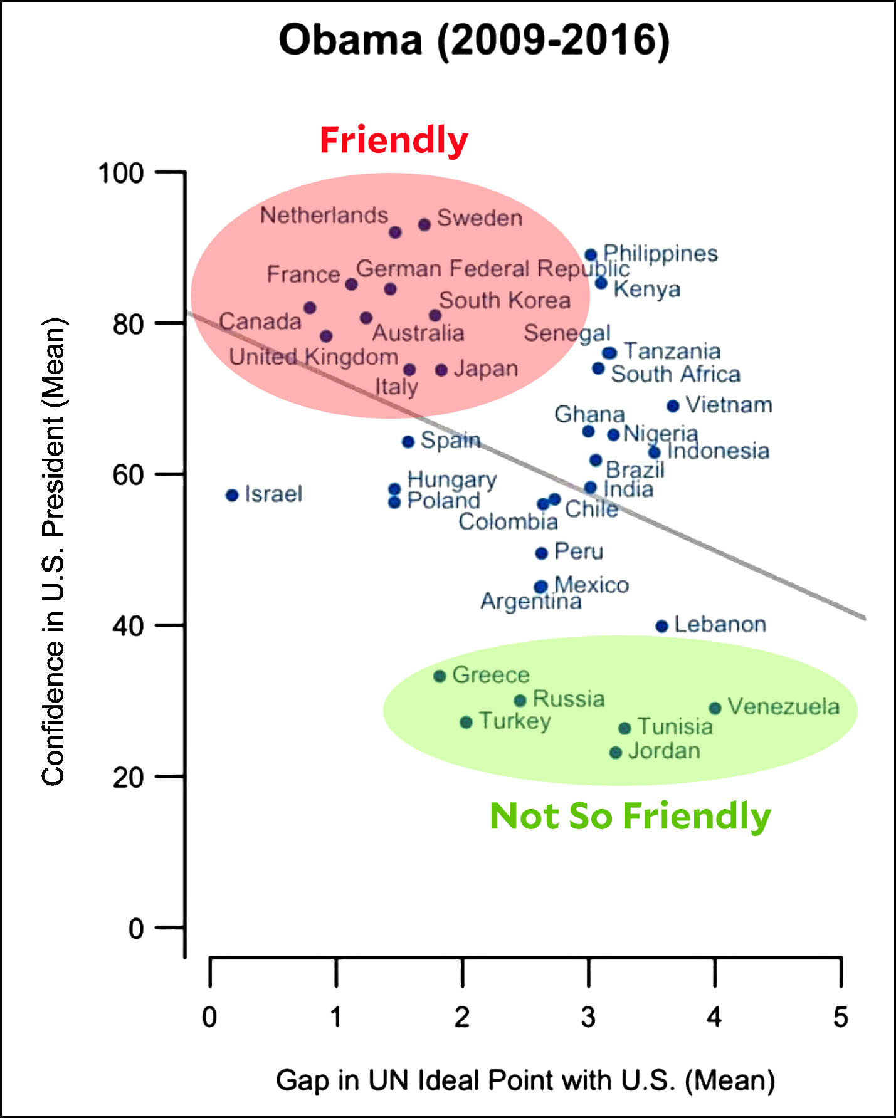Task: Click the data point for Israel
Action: coord(232,495)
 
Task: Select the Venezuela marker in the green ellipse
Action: coord(715,708)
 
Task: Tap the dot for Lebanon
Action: coord(661,626)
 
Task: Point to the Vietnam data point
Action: coord(673,406)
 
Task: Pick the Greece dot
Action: coord(440,676)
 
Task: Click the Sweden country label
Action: coord(480,218)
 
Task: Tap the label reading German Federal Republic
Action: coord(493,269)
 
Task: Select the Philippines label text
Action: coord(660,254)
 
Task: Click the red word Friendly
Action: coord(394,140)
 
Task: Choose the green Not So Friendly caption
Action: coord(630,816)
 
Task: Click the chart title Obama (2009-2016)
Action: coord(474,41)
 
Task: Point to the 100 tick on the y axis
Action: coord(121,173)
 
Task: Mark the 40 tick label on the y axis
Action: coord(128,625)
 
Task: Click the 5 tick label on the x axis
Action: coord(840,1016)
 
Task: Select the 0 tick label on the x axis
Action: coord(209,1016)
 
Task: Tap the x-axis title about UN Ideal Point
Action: coord(525,1080)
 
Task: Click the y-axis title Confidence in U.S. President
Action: coord(53,551)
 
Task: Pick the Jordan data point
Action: coord(616,752)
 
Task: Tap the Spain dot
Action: coord(408,442)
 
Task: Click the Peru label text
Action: coord(579,551)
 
